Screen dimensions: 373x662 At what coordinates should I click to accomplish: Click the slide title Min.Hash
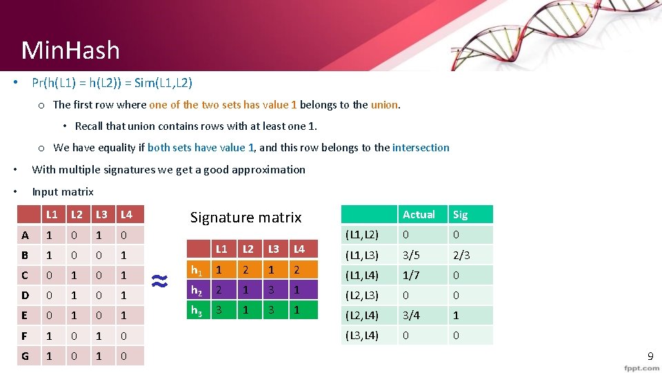[70, 50]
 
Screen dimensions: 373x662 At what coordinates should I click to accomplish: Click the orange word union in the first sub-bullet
[385, 105]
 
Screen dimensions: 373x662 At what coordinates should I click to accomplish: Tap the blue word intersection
[421, 147]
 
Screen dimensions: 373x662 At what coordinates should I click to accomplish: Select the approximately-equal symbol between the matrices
[160, 280]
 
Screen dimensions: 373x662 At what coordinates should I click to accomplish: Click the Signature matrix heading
[245, 218]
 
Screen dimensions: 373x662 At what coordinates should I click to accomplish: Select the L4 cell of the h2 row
[298, 289]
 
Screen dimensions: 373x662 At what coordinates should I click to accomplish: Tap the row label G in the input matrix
[25, 356]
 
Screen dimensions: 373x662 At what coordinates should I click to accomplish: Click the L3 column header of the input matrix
[101, 215]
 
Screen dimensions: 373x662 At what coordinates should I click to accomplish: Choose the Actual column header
[419, 214]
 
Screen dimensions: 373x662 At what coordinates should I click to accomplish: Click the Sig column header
[460, 214]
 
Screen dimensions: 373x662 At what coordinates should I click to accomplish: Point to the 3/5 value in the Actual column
[412, 255]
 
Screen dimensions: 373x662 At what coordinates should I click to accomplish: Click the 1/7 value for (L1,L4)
[412, 276]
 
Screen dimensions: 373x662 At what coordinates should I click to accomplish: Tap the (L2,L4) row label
[362, 316]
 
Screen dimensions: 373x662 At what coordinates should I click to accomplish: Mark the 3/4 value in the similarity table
[412, 316]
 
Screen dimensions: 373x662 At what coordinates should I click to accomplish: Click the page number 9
[650, 356]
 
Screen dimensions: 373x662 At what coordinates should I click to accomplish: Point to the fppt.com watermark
[641, 368]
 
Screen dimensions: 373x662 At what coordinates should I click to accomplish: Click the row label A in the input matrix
[25, 235]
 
